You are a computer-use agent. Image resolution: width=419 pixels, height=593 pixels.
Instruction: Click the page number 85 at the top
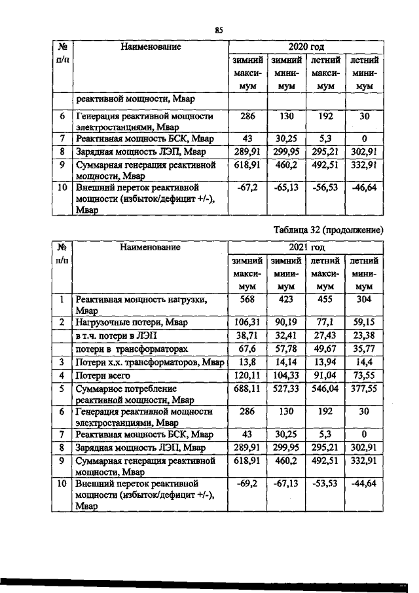tap(219, 30)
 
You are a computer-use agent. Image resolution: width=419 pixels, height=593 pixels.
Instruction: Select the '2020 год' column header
tap(306, 47)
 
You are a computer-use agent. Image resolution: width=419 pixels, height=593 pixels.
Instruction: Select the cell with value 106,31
tap(247, 322)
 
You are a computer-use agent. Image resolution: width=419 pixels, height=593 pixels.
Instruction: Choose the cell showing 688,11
tap(247, 389)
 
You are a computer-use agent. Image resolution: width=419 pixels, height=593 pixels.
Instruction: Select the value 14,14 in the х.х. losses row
tap(285, 362)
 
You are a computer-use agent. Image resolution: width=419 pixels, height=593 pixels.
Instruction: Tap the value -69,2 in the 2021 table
tap(247, 484)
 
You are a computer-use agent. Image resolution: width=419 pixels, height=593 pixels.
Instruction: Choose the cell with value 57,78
tap(285, 349)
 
